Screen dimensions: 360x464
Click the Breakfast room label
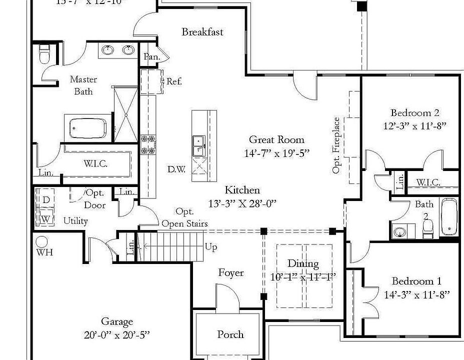(x=202, y=32)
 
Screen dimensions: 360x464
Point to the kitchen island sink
(x=199, y=145)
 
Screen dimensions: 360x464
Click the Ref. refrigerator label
(x=173, y=81)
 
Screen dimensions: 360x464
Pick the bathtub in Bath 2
(x=448, y=216)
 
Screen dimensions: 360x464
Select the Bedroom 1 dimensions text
(x=416, y=295)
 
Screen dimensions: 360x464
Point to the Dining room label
(x=303, y=264)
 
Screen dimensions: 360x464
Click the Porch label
(x=230, y=334)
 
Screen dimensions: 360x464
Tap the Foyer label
(x=231, y=273)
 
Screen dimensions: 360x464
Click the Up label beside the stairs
(x=211, y=247)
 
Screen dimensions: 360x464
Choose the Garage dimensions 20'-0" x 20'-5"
(x=117, y=335)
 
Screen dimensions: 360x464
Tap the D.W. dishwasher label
(x=176, y=169)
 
